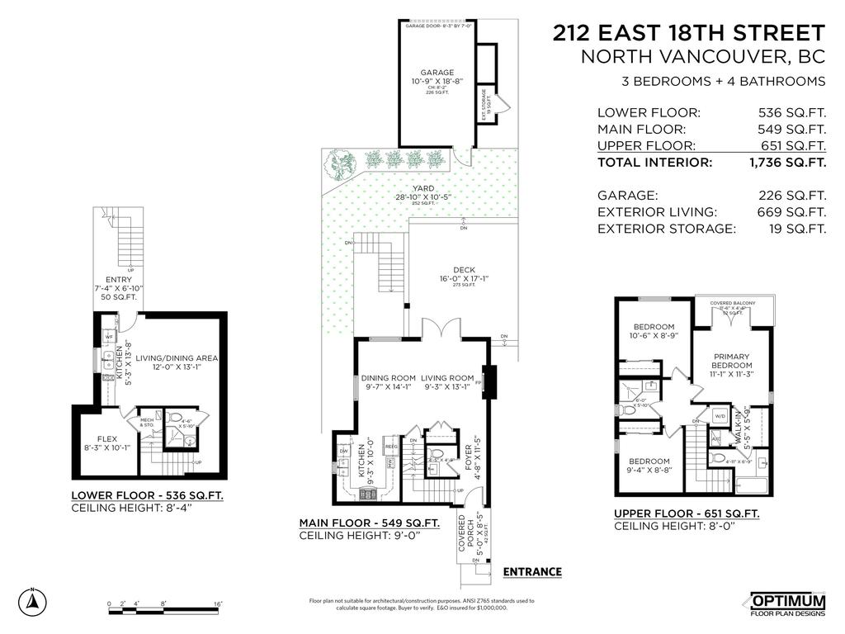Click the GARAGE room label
click(x=437, y=73)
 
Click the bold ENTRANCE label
click(x=532, y=571)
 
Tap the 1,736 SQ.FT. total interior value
click(x=786, y=163)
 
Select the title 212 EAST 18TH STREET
click(x=688, y=34)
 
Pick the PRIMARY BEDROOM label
click(x=733, y=361)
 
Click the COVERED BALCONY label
click(x=733, y=303)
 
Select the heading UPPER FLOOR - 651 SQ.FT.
click(x=687, y=513)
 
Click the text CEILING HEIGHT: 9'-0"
click(x=360, y=536)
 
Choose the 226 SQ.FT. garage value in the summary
click(x=792, y=196)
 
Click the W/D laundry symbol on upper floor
click(x=719, y=415)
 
